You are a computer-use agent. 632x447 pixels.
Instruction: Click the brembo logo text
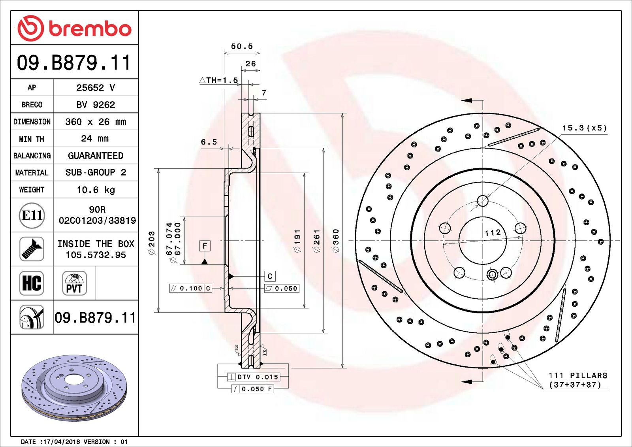(90, 29)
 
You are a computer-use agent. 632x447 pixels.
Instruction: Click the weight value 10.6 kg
(96, 190)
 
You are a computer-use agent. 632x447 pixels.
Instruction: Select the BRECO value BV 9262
(96, 105)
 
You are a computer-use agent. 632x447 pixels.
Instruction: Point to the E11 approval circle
(32, 215)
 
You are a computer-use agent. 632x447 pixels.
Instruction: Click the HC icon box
(32, 283)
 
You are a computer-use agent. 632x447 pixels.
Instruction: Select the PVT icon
(74, 283)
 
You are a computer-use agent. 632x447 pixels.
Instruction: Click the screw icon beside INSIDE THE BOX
(32, 249)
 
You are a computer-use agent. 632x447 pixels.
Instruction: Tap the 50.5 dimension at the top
(242, 46)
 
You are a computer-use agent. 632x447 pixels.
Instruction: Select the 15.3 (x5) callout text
(584, 128)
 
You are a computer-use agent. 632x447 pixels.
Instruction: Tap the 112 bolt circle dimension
(493, 233)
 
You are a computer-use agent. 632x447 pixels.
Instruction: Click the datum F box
(205, 246)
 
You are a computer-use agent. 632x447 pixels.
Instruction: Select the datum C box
(270, 276)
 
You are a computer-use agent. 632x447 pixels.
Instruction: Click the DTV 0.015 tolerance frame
(254, 377)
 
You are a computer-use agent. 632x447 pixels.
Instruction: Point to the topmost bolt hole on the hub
(483, 201)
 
